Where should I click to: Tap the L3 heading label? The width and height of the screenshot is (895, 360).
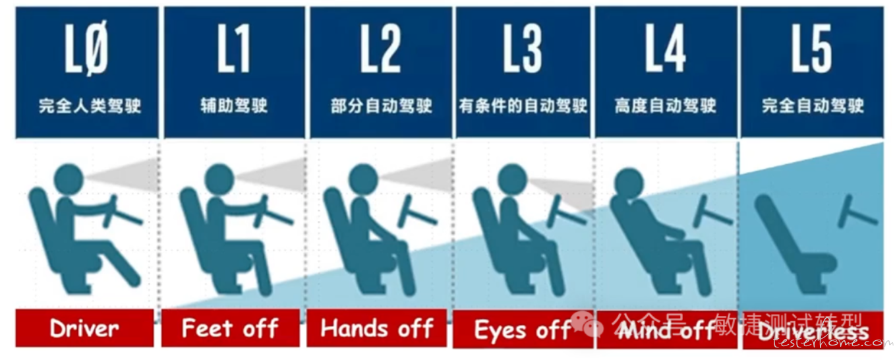(x=523, y=48)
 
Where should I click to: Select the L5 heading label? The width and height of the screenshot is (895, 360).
(x=812, y=48)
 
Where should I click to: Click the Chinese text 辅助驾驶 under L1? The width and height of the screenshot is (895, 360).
(x=234, y=106)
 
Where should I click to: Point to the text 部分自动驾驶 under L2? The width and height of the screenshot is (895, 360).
(x=381, y=106)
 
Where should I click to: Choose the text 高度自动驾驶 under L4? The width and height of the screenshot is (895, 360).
(x=665, y=106)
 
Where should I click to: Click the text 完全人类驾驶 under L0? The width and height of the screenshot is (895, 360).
(x=90, y=106)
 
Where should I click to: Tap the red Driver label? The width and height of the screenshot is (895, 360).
(x=84, y=328)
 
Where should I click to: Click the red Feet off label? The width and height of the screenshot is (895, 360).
(x=230, y=328)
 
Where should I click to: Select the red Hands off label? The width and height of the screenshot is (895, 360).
(x=376, y=328)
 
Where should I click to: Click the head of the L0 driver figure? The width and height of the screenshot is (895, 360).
(x=69, y=179)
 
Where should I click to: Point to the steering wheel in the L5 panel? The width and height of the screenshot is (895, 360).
(x=857, y=212)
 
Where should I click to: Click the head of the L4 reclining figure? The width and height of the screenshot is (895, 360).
(x=629, y=183)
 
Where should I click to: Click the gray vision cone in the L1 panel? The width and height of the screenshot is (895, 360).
(x=272, y=175)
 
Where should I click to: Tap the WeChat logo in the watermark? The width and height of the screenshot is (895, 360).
(x=587, y=324)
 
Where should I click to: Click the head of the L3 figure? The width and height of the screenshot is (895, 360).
(x=513, y=179)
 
